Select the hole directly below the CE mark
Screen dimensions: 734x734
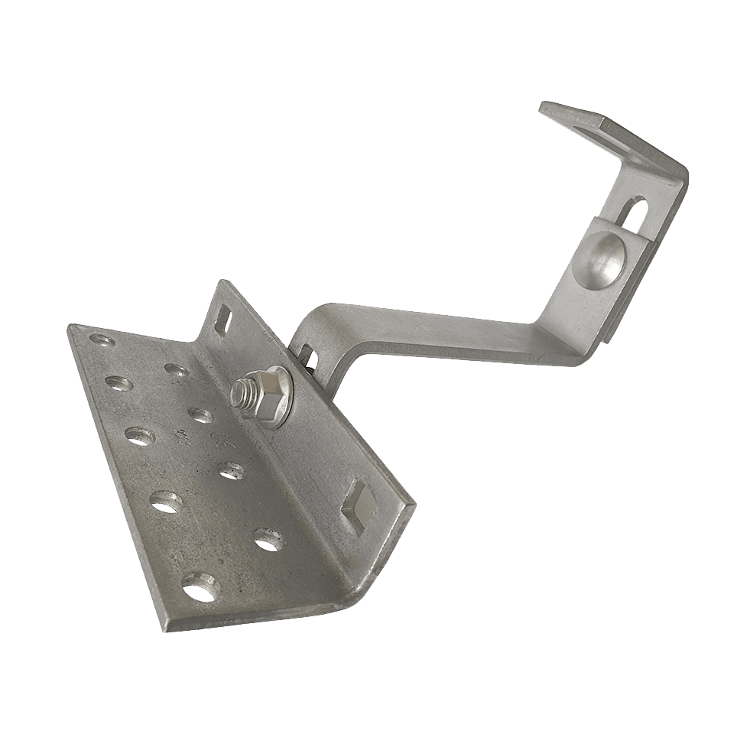pos(230,469)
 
